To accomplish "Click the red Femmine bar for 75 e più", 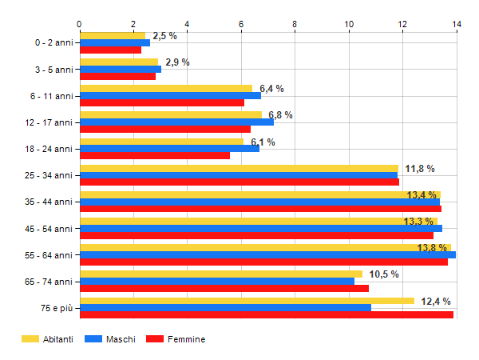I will [x=267, y=314].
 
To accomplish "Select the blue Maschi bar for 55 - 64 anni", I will [x=267, y=255].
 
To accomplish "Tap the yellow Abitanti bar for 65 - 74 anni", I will [x=221, y=274].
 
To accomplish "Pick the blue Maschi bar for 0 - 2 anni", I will [x=115, y=42].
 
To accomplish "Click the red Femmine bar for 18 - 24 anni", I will [x=155, y=155].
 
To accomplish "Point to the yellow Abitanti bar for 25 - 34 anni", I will [x=239, y=168].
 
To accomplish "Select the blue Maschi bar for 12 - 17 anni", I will [x=176, y=122].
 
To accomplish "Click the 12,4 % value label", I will [x=436, y=302].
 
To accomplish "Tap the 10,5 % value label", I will [x=384, y=274].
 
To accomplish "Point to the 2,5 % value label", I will [x=164, y=36].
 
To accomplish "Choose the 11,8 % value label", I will [x=420, y=169].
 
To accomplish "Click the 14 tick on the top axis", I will [x=457, y=24].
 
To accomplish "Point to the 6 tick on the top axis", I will [x=241, y=24].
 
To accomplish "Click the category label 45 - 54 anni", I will [x=49, y=229].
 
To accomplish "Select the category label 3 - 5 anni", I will [x=53, y=69].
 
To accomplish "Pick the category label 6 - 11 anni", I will [x=51, y=96].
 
